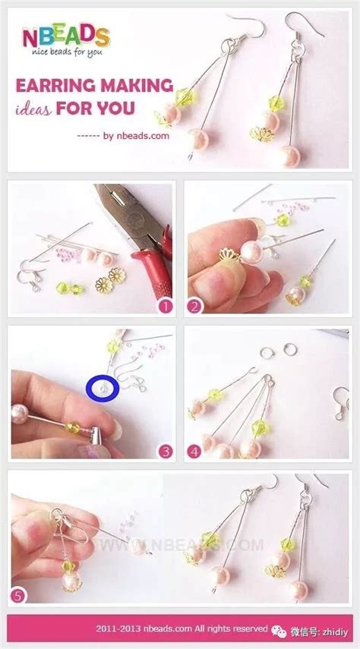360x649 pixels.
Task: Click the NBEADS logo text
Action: (x=66, y=36)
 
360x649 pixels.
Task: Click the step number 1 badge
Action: (x=166, y=307)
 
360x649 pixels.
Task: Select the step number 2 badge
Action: (x=194, y=307)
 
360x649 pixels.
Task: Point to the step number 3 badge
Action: (x=166, y=451)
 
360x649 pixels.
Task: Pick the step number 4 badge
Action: (x=194, y=451)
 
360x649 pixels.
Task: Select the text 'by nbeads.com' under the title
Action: (x=136, y=135)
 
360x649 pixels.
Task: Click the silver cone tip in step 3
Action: (x=96, y=436)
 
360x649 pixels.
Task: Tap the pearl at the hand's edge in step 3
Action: (x=20, y=414)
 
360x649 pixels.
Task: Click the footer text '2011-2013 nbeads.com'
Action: (x=144, y=629)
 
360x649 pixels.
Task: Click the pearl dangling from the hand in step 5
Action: (x=71, y=580)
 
